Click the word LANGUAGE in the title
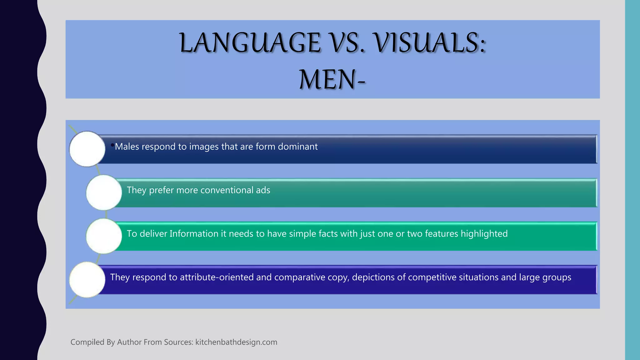click(250, 43)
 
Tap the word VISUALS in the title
click(430, 43)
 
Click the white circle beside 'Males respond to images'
click(87, 149)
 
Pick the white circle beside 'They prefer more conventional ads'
click(104, 192)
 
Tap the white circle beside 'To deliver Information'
click(104, 236)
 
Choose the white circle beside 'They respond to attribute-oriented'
click(87, 279)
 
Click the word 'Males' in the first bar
click(127, 147)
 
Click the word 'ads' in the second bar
click(263, 190)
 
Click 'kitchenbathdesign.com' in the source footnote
click(236, 342)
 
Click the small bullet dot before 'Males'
click(112, 145)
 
